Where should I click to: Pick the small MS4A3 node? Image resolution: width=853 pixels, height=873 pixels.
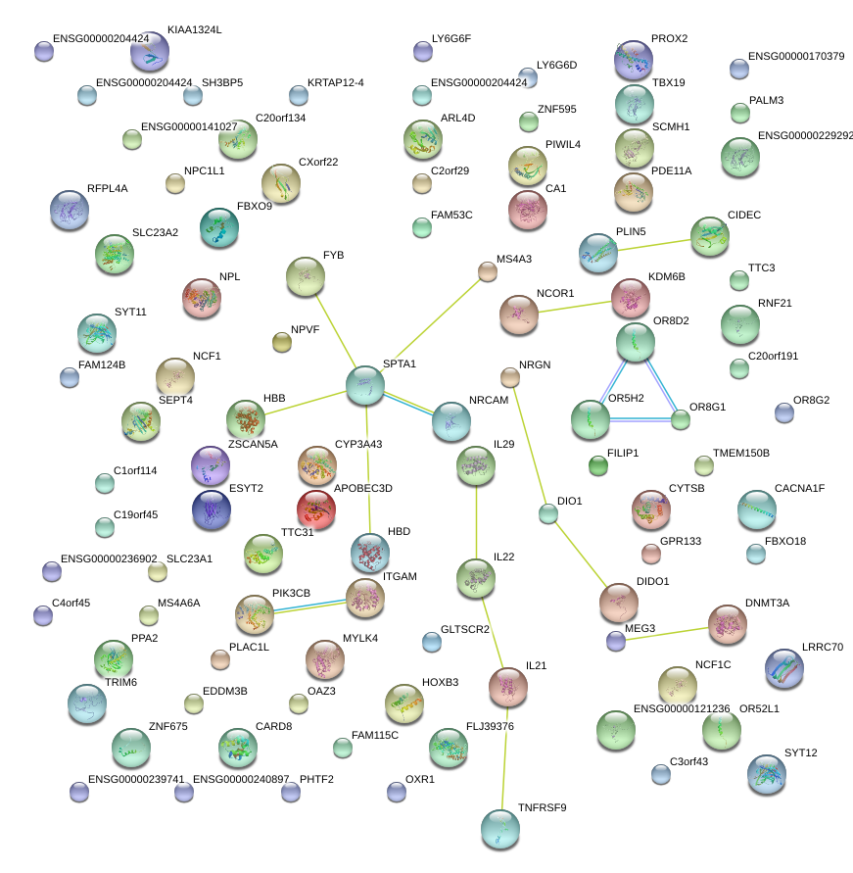(x=487, y=271)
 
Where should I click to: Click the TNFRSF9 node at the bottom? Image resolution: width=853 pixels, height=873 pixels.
(x=500, y=829)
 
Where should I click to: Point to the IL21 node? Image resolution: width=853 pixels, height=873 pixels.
(x=508, y=687)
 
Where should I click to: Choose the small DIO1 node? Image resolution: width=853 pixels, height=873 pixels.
(x=548, y=512)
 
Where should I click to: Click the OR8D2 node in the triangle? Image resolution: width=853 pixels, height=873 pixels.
(x=636, y=343)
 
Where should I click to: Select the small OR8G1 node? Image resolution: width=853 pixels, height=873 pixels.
(x=680, y=419)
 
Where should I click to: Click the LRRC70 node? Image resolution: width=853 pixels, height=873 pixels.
(x=783, y=668)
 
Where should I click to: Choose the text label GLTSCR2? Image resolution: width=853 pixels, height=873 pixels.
(x=465, y=629)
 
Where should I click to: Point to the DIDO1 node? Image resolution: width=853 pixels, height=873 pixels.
(x=618, y=603)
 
